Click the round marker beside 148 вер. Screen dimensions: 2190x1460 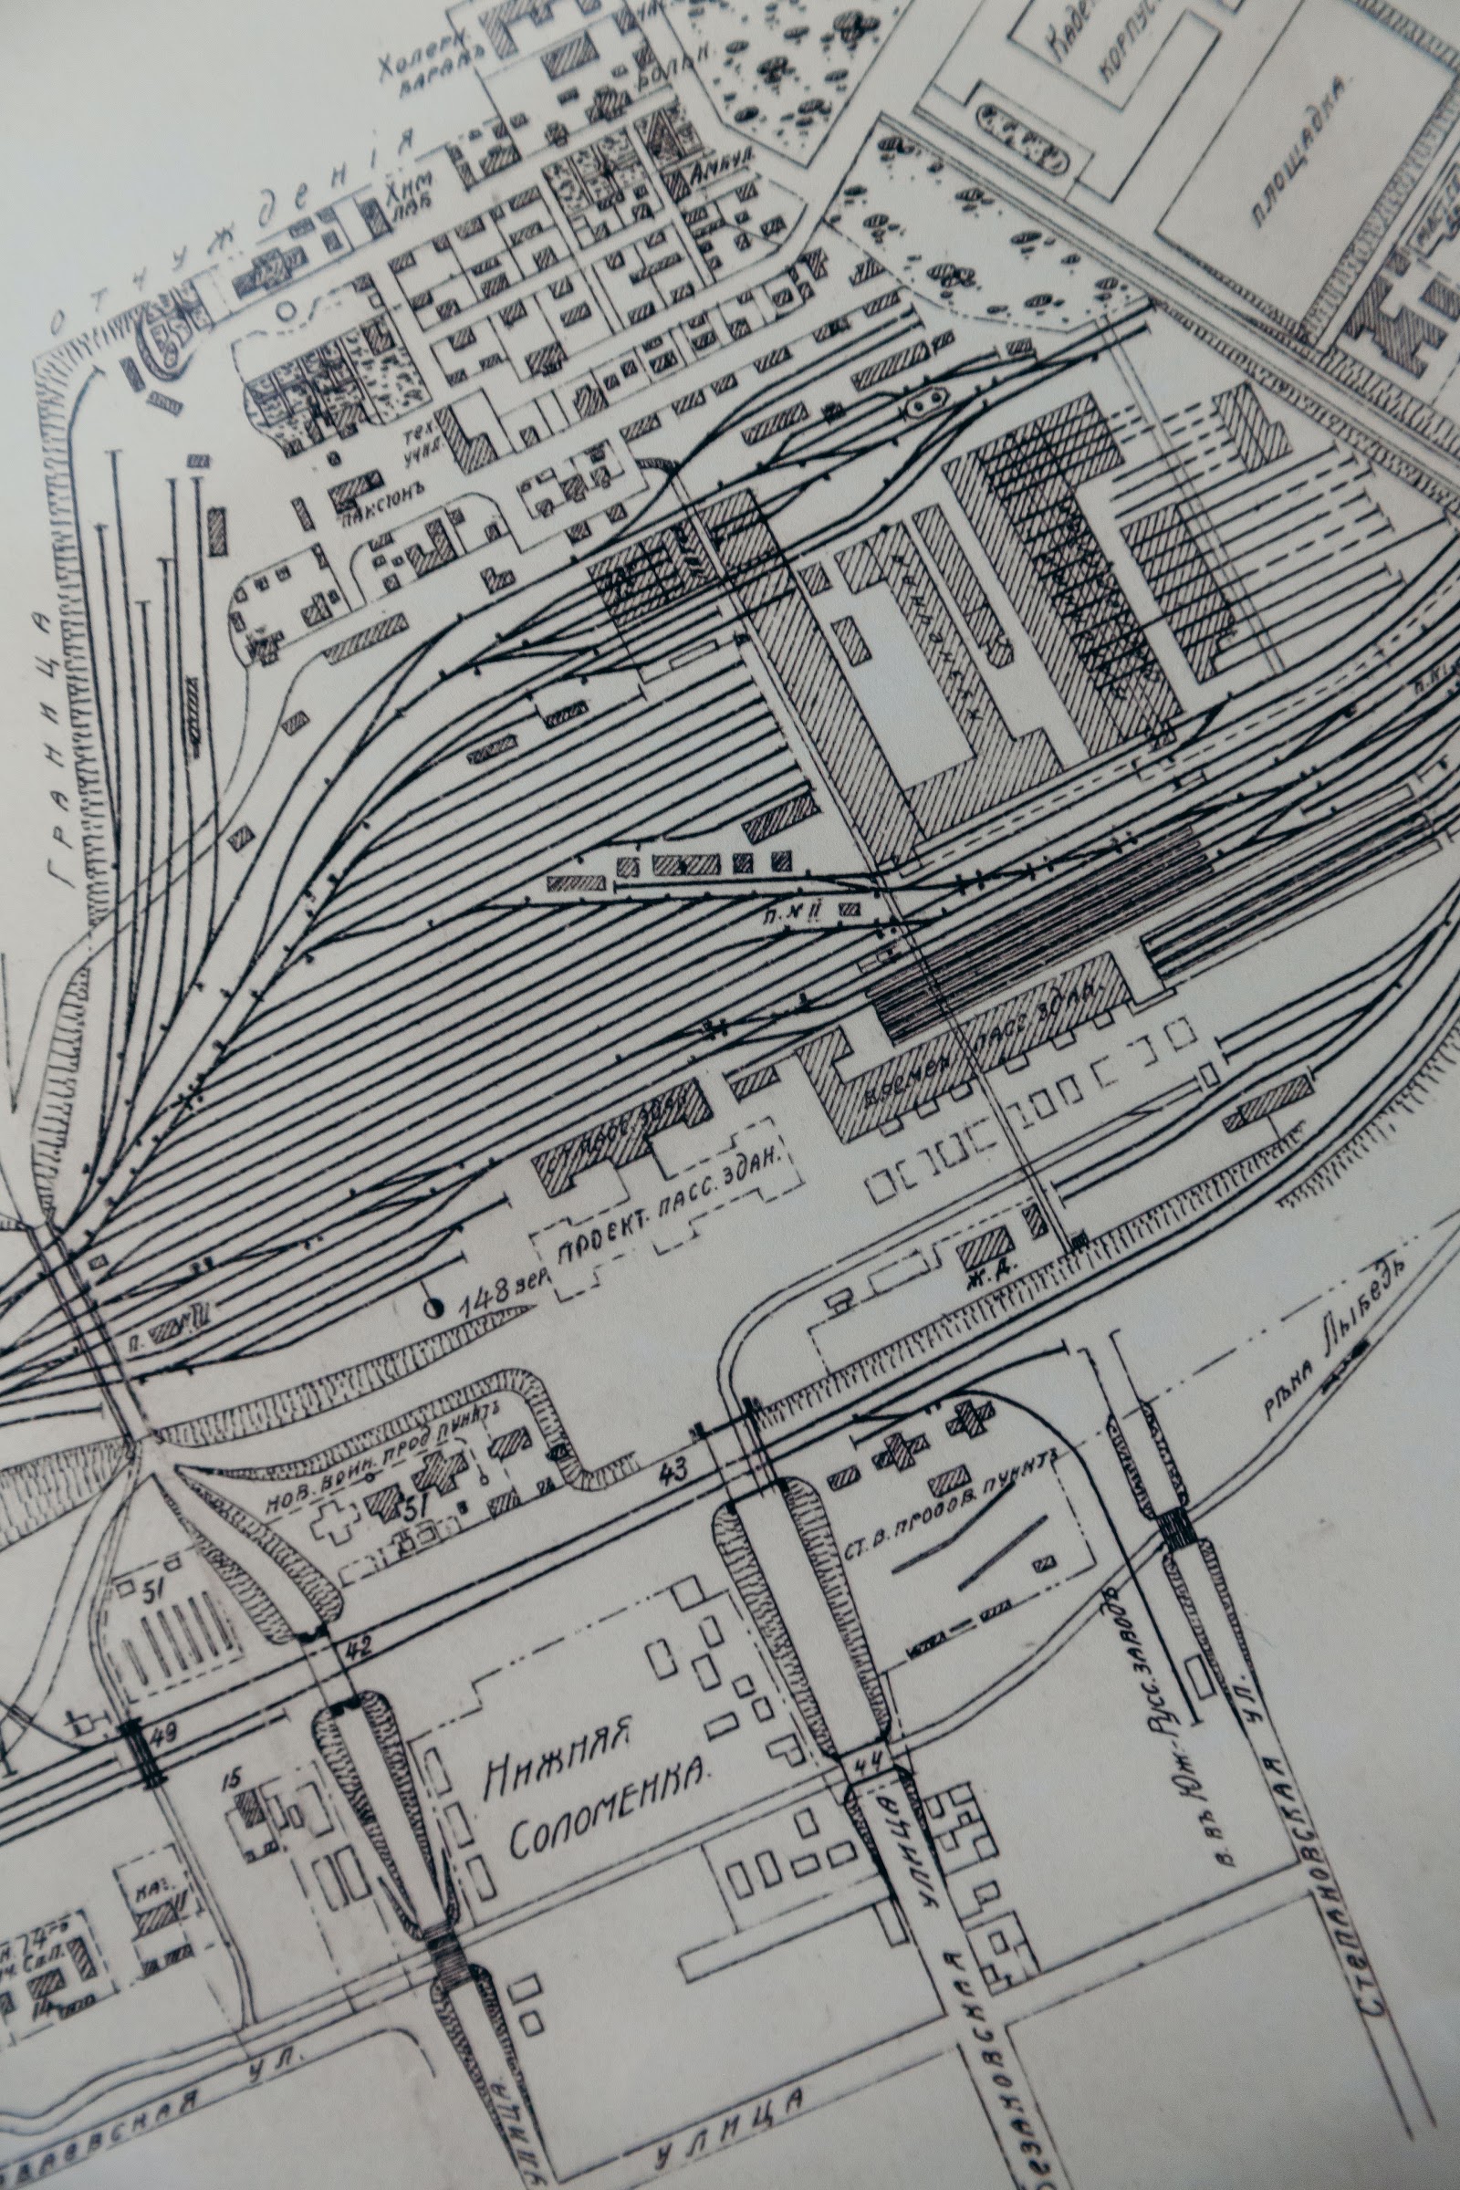click(x=433, y=1307)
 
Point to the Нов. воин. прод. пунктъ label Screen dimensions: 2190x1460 click(x=384, y=1468)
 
